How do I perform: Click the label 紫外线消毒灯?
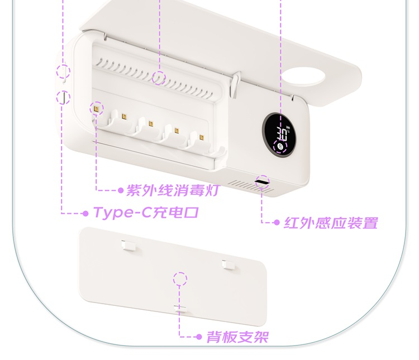[173, 190]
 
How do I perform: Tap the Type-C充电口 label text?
[146, 213]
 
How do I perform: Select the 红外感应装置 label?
[331, 223]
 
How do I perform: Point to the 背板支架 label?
[237, 337]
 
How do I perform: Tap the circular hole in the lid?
[303, 76]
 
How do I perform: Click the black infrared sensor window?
[261, 182]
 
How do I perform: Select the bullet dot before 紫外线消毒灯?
[121, 190]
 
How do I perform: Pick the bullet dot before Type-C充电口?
[85, 213]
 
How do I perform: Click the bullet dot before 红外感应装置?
[277, 222]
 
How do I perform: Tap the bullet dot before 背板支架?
[199, 337]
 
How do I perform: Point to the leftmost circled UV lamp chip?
[96, 109]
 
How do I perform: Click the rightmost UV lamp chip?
[202, 137]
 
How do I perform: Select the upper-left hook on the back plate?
[128, 245]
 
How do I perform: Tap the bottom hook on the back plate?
[180, 309]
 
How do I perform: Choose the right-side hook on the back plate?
[228, 265]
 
